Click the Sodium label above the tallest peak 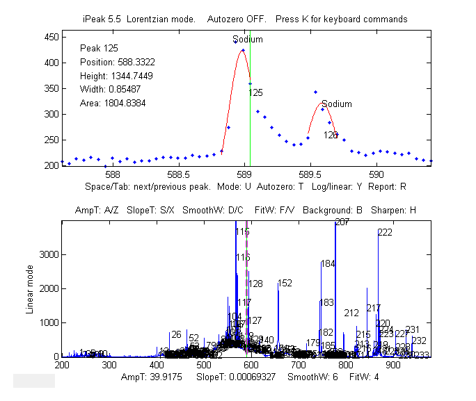(x=248, y=40)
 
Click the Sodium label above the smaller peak (x=337, y=104)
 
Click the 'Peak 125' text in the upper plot (x=99, y=49)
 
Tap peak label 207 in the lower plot (x=342, y=222)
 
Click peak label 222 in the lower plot (x=386, y=233)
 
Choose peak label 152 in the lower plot (x=285, y=284)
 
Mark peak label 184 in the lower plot (x=328, y=264)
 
